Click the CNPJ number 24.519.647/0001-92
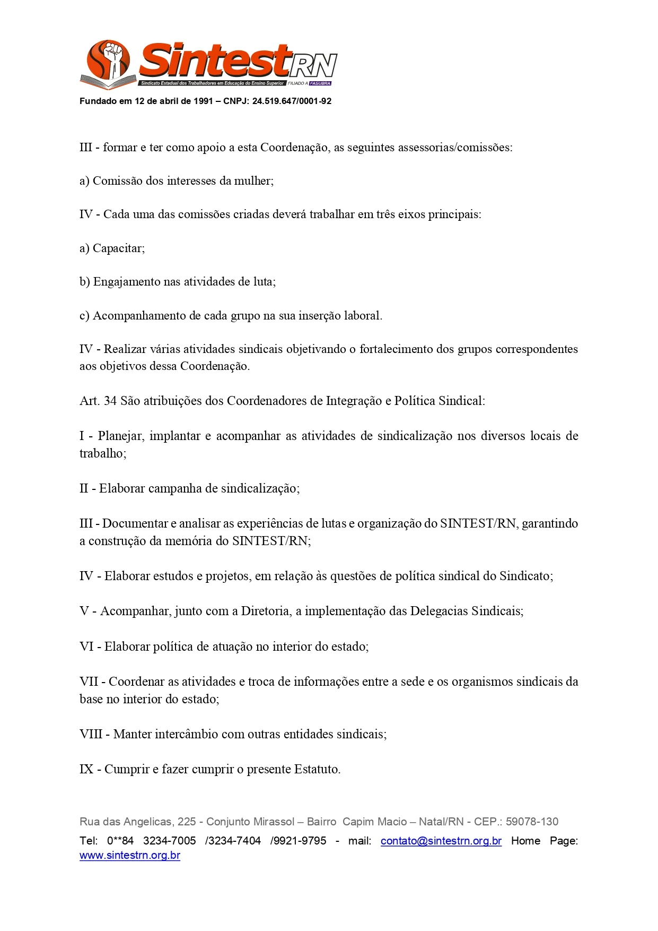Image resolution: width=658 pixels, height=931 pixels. click(292, 101)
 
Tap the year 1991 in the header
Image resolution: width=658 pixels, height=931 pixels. click(203, 101)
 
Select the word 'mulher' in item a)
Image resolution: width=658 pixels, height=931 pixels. click(253, 181)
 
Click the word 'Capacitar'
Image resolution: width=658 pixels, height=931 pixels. click(118, 248)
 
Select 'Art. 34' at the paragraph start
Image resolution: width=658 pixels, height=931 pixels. click(98, 401)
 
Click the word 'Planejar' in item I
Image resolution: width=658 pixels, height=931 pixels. click(120, 436)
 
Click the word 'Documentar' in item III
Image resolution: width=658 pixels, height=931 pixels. click(135, 524)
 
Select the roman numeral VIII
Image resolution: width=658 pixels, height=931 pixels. click(91, 735)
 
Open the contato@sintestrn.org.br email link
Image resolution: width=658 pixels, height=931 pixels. click(441, 841)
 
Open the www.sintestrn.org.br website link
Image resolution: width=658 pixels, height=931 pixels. click(130, 856)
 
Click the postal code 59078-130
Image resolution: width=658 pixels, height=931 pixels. click(532, 822)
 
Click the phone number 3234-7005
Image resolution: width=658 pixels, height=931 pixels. click(169, 841)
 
